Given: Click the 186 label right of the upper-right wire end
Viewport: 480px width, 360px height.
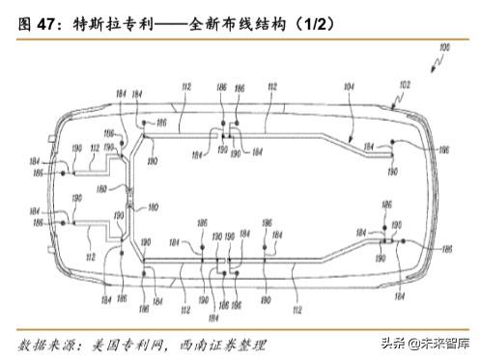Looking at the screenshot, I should pyautogui.click(x=443, y=152).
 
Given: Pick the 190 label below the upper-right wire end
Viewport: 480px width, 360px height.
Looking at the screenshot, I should pyautogui.click(x=392, y=171).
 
